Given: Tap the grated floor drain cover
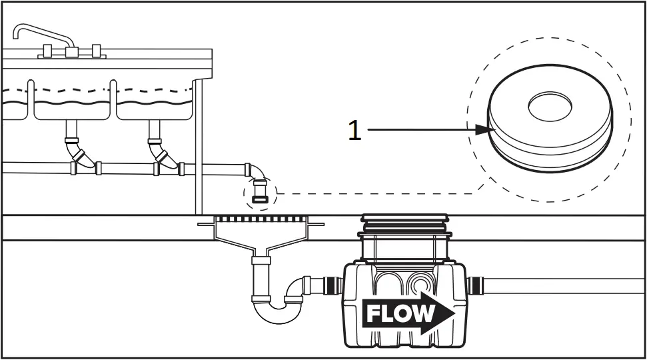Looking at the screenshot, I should coord(261,219).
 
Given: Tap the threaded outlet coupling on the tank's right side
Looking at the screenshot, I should coord(476,286).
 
